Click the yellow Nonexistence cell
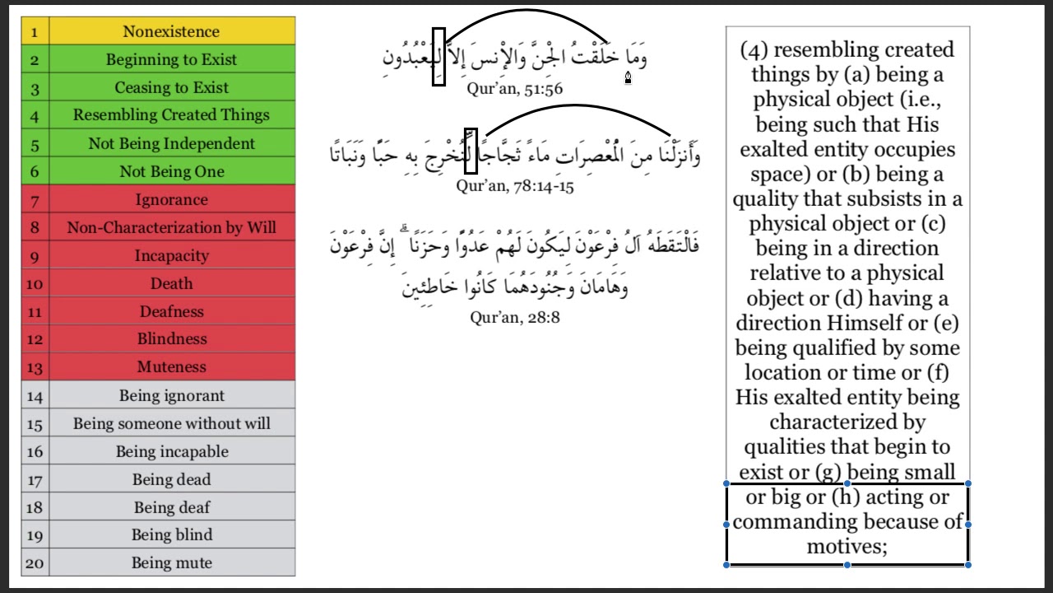point(171,31)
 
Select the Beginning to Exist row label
point(171,59)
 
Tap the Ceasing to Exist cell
point(171,87)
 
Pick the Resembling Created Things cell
point(171,115)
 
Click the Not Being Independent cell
point(171,143)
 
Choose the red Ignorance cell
point(171,199)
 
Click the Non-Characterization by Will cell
point(171,227)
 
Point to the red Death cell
point(171,283)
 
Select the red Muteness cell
point(171,367)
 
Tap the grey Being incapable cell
point(171,451)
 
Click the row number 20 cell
point(35,563)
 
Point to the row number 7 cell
point(35,200)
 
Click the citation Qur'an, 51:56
point(514,88)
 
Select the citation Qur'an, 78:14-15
point(515,185)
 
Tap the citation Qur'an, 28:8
point(515,317)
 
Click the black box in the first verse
point(438,57)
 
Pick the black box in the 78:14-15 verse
point(471,151)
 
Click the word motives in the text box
point(846,546)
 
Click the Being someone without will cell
point(171,423)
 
